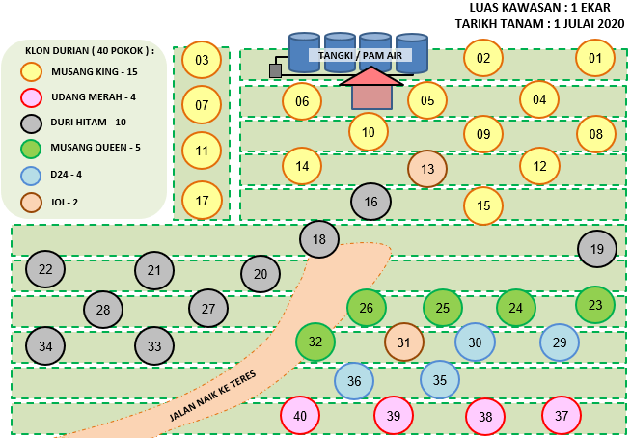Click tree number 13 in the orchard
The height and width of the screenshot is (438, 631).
pyautogui.click(x=427, y=170)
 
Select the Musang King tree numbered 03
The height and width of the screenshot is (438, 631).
pyautogui.click(x=202, y=61)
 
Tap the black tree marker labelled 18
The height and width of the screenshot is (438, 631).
pyautogui.click(x=319, y=239)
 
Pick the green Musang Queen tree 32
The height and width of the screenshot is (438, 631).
pyautogui.click(x=315, y=342)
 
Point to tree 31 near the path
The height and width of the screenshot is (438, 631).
pyautogui.click(x=404, y=342)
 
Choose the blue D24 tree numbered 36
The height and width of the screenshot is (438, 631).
pyautogui.click(x=354, y=381)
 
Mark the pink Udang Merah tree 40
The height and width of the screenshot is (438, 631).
pyautogui.click(x=300, y=416)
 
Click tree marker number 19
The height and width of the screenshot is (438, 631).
pyautogui.click(x=597, y=249)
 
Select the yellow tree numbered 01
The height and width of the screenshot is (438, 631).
pyautogui.click(x=595, y=58)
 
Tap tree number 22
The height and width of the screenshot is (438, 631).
pyautogui.click(x=45, y=269)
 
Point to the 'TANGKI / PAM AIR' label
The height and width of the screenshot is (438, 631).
pyautogui.click(x=360, y=56)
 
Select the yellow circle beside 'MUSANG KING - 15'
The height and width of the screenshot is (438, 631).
pyautogui.click(x=31, y=70)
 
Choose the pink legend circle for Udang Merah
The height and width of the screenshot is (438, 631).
pyautogui.click(x=31, y=97)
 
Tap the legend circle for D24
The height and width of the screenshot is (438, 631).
pyautogui.click(x=31, y=176)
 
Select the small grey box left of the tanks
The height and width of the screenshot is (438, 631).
pyautogui.click(x=276, y=70)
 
